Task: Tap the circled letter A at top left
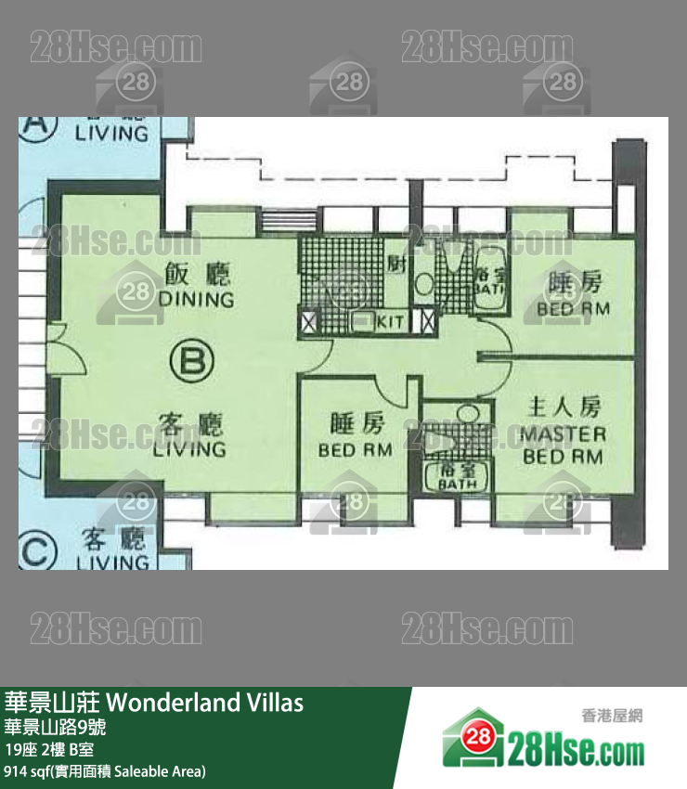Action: (35, 123)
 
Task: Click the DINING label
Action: (196, 300)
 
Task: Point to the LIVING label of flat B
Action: (189, 449)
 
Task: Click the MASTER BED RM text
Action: (563, 445)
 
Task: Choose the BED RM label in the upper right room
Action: (573, 308)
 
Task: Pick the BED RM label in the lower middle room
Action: (355, 450)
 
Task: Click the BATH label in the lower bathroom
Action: (458, 484)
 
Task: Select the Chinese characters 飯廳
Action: (197, 275)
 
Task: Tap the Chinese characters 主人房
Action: (564, 407)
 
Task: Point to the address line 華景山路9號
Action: (55, 726)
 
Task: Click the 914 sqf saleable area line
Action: (105, 771)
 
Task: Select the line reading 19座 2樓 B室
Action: (48, 749)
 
